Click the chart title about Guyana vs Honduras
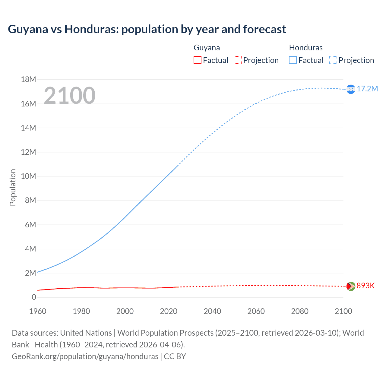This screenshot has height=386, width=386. [x=147, y=29]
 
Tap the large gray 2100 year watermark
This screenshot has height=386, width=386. [x=70, y=96]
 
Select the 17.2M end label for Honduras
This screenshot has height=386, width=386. [x=367, y=89]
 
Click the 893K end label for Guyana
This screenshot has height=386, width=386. [x=365, y=286]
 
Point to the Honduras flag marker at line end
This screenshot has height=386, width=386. [x=351, y=89]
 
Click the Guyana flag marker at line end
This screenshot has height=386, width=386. [x=351, y=286]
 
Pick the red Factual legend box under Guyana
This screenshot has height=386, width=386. [x=198, y=60]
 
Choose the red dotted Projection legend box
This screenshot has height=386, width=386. [x=238, y=60]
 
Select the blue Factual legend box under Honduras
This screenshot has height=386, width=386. [x=293, y=60]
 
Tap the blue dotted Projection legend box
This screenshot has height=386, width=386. [x=333, y=60]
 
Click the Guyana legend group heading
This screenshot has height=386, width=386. [x=207, y=48]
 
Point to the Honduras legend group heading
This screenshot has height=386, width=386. [x=306, y=48]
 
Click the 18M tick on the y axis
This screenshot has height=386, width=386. [x=28, y=80]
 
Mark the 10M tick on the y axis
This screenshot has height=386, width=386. [x=28, y=176]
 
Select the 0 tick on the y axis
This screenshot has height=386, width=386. [x=34, y=297]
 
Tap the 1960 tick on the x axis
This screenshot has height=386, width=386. [x=38, y=311]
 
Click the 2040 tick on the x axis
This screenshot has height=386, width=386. [x=212, y=311]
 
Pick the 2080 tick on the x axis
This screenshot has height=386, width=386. [x=300, y=311]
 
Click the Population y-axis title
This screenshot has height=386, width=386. [x=13, y=187]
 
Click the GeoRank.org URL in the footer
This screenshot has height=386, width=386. [x=85, y=356]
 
